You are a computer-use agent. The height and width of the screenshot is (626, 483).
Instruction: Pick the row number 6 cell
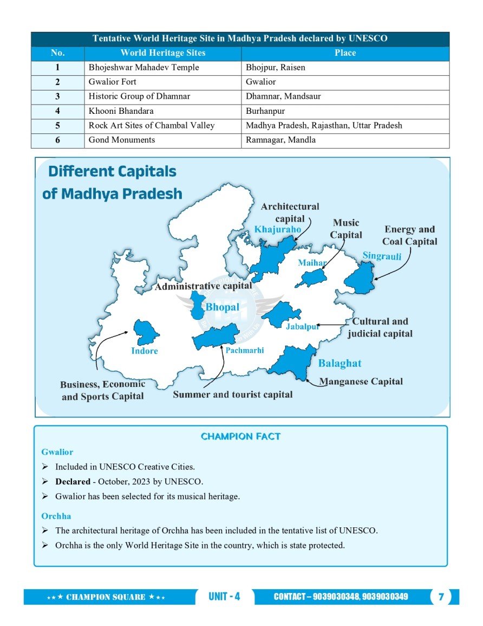tap(57, 140)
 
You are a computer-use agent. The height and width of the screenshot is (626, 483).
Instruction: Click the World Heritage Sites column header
tap(162, 53)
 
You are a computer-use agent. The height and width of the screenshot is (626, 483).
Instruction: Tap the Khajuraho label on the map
tap(277, 229)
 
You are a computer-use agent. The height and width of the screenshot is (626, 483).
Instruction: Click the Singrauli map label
tap(382, 256)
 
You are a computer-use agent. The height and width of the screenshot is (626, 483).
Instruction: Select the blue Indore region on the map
tap(145, 332)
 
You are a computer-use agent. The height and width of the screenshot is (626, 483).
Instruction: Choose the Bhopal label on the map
tap(222, 307)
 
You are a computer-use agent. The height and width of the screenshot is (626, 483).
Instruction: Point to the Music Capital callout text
tap(346, 229)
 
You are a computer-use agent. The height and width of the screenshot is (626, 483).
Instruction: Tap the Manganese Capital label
tap(361, 382)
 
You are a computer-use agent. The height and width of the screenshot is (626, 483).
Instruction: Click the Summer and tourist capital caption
tap(232, 395)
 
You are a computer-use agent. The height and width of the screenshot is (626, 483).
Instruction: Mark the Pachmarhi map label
tap(245, 351)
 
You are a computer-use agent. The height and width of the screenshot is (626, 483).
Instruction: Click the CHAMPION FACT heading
tap(240, 436)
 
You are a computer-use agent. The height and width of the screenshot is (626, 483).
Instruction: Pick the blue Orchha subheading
tap(56, 516)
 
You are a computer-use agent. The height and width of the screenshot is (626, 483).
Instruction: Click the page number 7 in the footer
tap(441, 597)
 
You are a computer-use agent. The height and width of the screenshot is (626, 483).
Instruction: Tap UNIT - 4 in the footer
tap(224, 597)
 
